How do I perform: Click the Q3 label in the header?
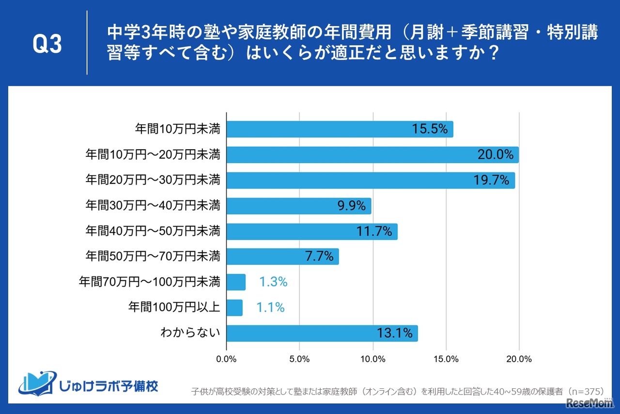47,44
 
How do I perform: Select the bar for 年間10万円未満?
339,129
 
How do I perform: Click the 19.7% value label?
491,181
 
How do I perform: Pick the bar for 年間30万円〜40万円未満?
298,206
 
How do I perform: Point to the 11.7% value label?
374,231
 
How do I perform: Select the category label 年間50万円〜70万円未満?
153,256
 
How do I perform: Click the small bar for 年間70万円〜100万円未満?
236,282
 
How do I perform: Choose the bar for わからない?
322,333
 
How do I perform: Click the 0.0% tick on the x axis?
226,359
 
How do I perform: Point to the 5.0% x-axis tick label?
299,359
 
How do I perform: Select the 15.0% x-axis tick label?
446,359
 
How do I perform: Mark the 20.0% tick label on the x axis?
519,359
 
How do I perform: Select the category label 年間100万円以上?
174,307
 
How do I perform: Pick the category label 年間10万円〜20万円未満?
153,155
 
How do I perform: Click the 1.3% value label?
273,282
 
